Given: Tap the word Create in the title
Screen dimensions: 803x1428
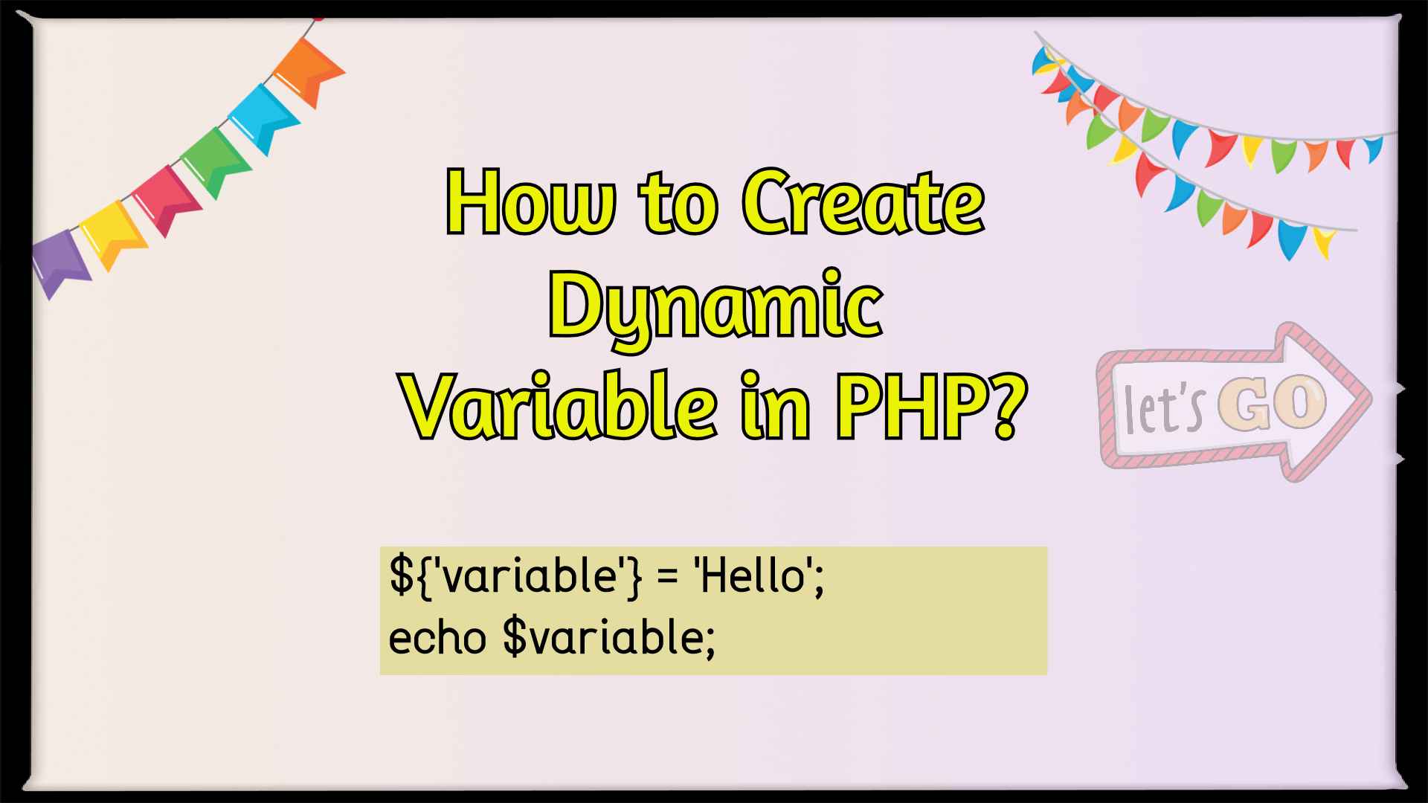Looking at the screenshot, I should pyautogui.click(x=863, y=202).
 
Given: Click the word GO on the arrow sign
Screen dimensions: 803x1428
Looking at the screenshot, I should pyautogui.click(x=1272, y=403).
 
